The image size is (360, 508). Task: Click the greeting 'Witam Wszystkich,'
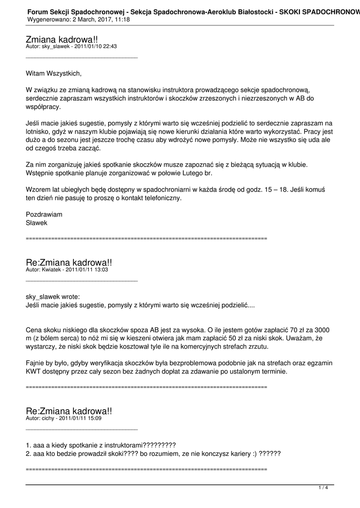53,73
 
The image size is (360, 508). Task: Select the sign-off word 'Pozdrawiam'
44,214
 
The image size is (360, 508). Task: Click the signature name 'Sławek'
36,223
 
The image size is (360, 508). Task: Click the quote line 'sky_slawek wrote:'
52,297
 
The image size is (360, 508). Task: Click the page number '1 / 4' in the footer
323,488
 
